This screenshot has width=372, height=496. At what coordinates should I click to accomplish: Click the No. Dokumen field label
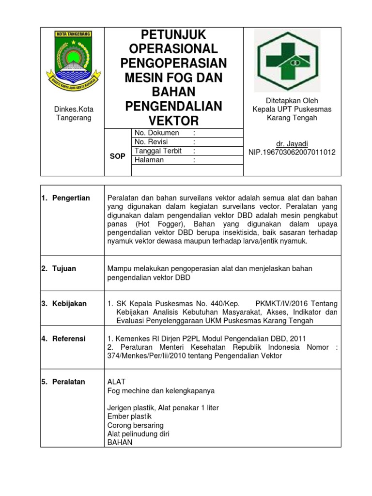point(157,133)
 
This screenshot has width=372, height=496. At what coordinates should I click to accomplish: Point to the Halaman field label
point(150,160)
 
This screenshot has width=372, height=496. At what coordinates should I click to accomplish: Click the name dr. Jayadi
point(292,143)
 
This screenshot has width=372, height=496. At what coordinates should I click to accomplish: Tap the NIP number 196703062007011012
point(292,152)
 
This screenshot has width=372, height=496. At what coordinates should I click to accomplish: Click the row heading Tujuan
point(64,268)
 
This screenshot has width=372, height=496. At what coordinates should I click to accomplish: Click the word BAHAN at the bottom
point(120,443)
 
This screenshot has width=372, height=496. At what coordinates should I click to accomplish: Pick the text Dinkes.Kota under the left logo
point(73,109)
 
